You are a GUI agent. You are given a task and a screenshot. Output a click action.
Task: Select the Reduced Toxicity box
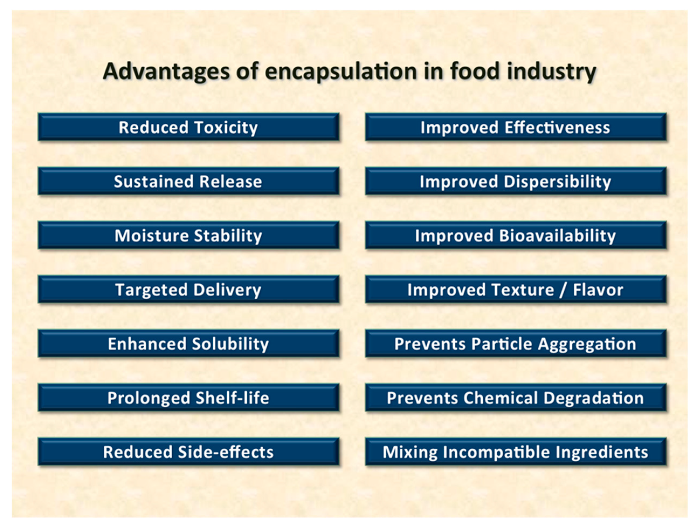188,127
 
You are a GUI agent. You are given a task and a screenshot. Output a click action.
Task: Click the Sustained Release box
188,181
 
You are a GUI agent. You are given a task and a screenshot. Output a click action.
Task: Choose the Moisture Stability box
188,235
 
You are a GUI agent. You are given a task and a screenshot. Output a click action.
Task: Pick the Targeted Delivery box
188,289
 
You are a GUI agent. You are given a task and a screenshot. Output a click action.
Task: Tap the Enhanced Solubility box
188,344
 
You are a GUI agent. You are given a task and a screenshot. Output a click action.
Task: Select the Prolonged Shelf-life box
188,398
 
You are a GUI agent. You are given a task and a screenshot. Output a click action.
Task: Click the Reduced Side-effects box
188,452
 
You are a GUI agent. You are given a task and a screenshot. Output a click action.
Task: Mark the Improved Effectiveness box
516,127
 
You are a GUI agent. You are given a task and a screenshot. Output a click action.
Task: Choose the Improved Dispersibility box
516,181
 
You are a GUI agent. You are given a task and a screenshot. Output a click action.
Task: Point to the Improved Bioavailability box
516,235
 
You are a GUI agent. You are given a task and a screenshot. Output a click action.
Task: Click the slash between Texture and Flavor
563,290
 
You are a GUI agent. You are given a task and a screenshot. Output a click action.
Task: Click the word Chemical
500,398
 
